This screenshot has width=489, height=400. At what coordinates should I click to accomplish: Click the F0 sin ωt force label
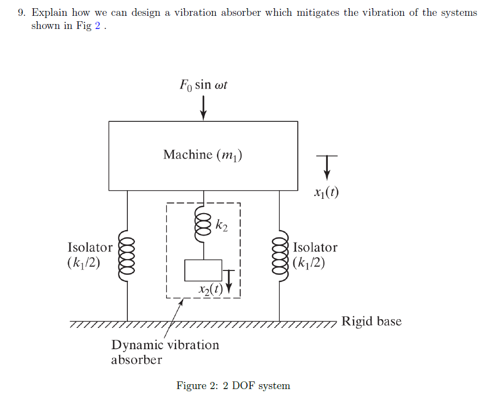pyautogui.click(x=203, y=85)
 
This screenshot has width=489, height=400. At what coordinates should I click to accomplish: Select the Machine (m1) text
pyautogui.click(x=203, y=155)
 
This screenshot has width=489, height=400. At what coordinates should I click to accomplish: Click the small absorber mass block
pyautogui.click(x=203, y=270)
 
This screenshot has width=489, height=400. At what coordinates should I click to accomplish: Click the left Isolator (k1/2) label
pyautogui.click(x=90, y=255)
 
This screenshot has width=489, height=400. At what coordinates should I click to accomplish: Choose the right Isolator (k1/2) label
pyautogui.click(x=315, y=255)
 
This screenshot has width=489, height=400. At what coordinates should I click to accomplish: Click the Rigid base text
pyautogui.click(x=371, y=321)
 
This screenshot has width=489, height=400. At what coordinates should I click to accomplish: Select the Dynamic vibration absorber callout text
pyautogui.click(x=164, y=352)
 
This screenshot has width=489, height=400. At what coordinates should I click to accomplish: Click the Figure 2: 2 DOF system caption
pyautogui.click(x=233, y=386)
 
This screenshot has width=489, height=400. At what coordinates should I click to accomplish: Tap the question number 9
pyautogui.click(x=21, y=13)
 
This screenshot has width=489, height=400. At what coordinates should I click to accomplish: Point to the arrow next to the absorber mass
pyautogui.click(x=229, y=278)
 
